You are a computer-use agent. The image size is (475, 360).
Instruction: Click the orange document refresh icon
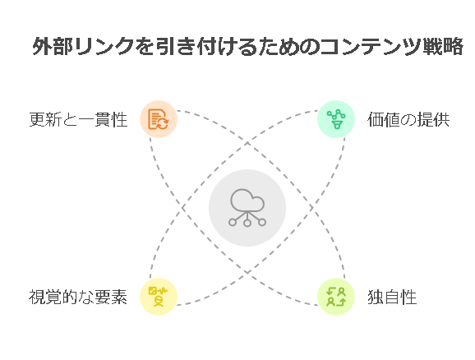(158, 119)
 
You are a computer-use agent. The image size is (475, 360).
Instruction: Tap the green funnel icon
(336, 119)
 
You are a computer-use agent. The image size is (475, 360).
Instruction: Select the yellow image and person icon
(158, 297)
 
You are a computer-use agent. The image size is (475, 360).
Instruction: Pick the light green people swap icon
(336, 297)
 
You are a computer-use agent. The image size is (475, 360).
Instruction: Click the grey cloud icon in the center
(247, 208)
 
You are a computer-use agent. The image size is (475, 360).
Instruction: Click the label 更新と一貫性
(78, 119)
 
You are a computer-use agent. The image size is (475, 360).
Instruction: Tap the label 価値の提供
(408, 119)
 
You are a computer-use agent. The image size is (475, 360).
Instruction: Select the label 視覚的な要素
(78, 297)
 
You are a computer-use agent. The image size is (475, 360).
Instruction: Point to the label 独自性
(392, 297)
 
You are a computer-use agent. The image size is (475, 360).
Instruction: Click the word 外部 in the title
(53, 46)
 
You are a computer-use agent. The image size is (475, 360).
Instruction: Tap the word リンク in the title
(104, 46)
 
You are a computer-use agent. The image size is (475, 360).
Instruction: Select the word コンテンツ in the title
(371, 46)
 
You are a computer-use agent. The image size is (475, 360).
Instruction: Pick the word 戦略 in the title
(442, 46)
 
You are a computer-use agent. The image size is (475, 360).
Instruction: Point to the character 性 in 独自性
(408, 297)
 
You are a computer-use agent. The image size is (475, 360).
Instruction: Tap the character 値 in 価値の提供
(392, 119)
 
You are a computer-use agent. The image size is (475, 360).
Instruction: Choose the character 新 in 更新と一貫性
(53, 119)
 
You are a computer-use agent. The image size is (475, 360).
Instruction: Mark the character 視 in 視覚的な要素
(37, 297)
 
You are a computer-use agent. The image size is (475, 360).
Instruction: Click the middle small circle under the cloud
(247, 223)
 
